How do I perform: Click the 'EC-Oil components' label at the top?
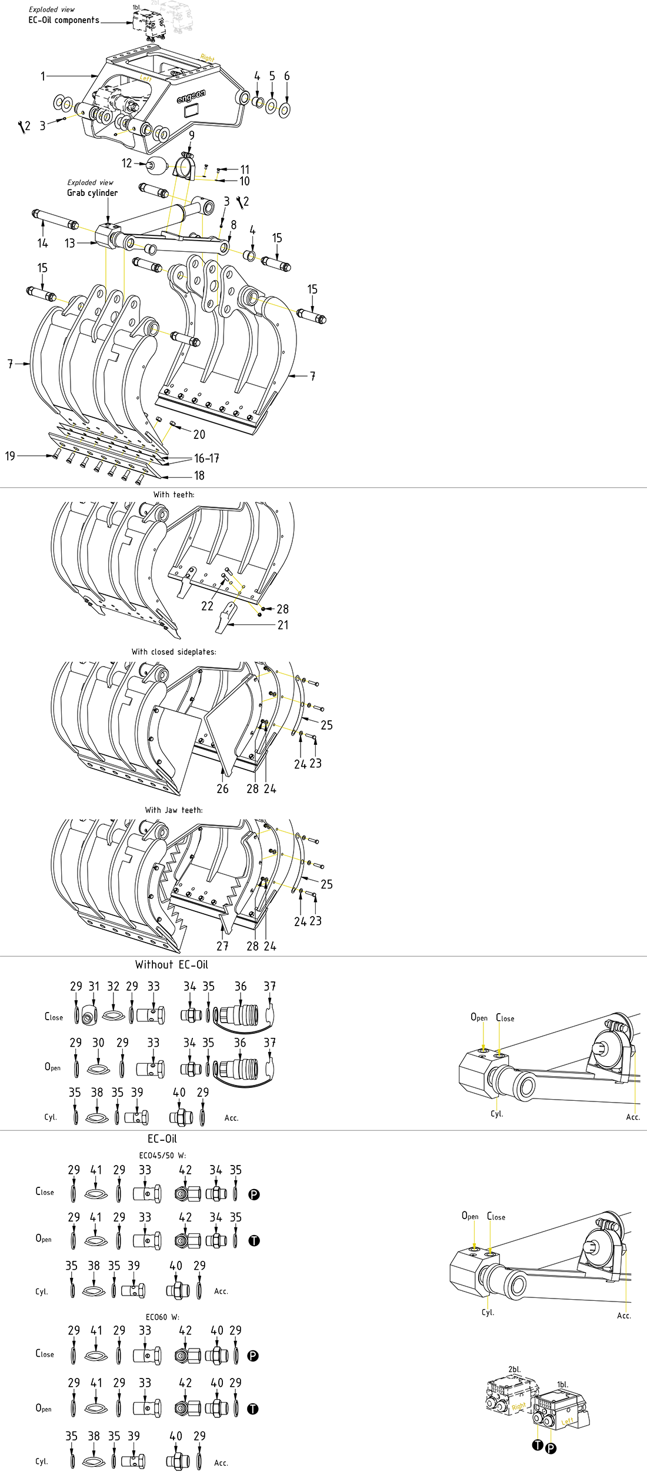pyautogui.click(x=64, y=20)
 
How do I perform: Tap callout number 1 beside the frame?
pyautogui.click(x=43, y=76)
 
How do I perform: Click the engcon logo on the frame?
pyautogui.click(x=191, y=97)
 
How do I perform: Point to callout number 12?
pyautogui.click(x=127, y=163)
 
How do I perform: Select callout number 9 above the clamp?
pyautogui.click(x=192, y=135)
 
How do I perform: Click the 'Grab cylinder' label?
pyautogui.click(x=92, y=193)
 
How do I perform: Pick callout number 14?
pyautogui.click(x=42, y=243)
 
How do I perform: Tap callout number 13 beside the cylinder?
pyautogui.click(x=70, y=243)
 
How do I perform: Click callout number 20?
pyautogui.click(x=199, y=434)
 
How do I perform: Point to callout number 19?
pyautogui.click(x=10, y=456)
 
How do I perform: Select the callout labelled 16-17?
pyautogui.click(x=206, y=458)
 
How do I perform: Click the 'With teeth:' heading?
pyautogui.click(x=174, y=495)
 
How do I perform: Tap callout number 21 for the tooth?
pyautogui.click(x=283, y=625)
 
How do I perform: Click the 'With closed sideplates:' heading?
pyautogui.click(x=174, y=652)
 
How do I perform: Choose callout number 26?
pyautogui.click(x=222, y=788)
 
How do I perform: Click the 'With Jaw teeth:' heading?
pyautogui.click(x=174, y=810)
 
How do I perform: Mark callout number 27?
pyautogui.click(x=222, y=946)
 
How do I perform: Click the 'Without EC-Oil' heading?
pyautogui.click(x=172, y=964)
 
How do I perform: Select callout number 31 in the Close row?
pyautogui.click(x=94, y=986)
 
